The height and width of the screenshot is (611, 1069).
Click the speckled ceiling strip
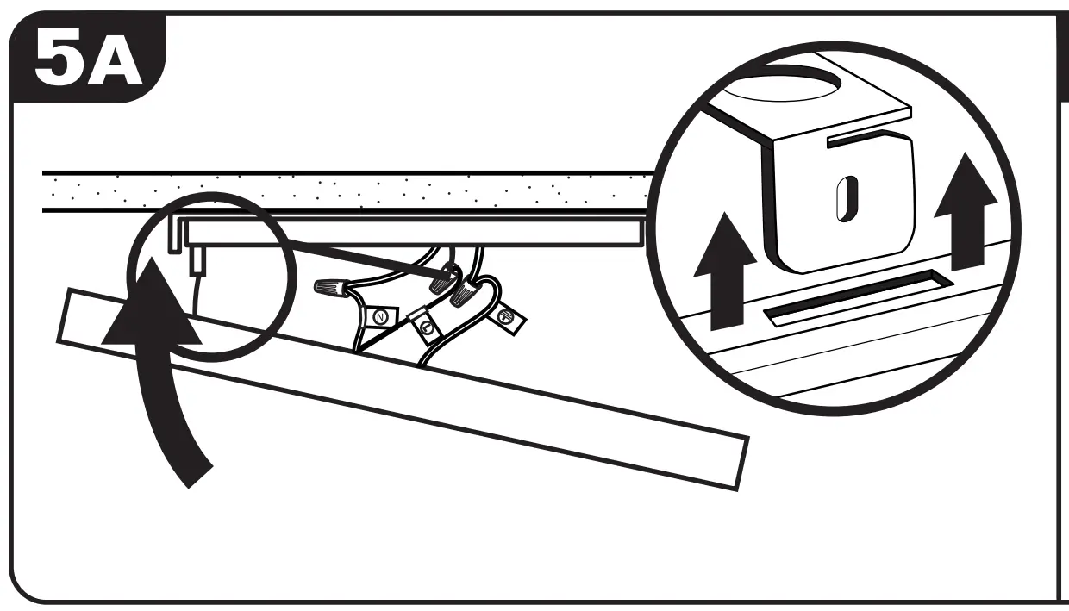[x=345, y=191]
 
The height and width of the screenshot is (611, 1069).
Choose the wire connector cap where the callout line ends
[x=443, y=277]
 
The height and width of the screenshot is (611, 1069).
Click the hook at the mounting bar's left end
[x=176, y=234]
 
